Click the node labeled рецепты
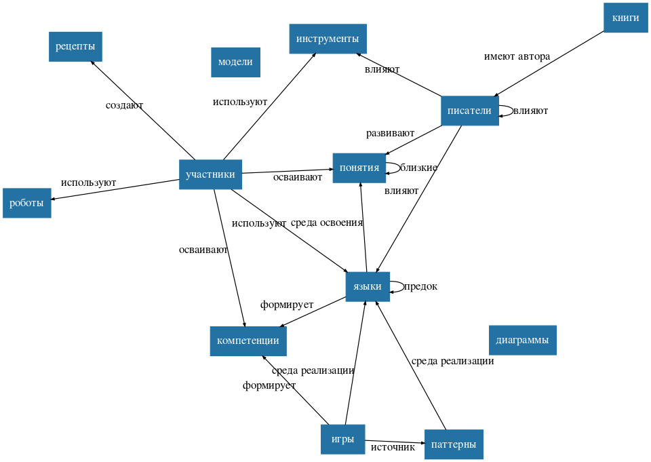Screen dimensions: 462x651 pyautogui.click(x=75, y=47)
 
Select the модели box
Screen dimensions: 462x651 pyautogui.click(x=235, y=62)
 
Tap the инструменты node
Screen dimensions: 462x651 pyautogui.click(x=328, y=39)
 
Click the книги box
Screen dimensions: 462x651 pyautogui.click(x=625, y=18)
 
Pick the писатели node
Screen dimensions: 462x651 pyautogui.click(x=469, y=111)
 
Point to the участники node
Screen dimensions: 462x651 pyautogui.click(x=210, y=175)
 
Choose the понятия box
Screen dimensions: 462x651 pyautogui.click(x=359, y=168)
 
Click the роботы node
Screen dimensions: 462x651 pyautogui.click(x=27, y=203)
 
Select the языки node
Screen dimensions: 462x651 pyautogui.click(x=368, y=286)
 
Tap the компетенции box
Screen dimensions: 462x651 pyautogui.click(x=248, y=341)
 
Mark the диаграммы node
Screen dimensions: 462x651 pyautogui.click(x=522, y=340)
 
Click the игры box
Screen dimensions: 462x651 pyautogui.click(x=342, y=439)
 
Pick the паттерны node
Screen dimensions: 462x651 pyautogui.click(x=454, y=444)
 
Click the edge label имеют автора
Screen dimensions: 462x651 pyautogui.click(x=517, y=56)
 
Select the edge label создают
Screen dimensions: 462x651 pyautogui.click(x=124, y=105)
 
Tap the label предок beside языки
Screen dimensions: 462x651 pyautogui.click(x=420, y=286)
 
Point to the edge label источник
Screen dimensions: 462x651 pyautogui.click(x=393, y=447)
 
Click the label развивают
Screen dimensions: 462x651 pyautogui.click(x=390, y=133)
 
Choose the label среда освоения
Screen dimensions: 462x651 pyautogui.click(x=327, y=223)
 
